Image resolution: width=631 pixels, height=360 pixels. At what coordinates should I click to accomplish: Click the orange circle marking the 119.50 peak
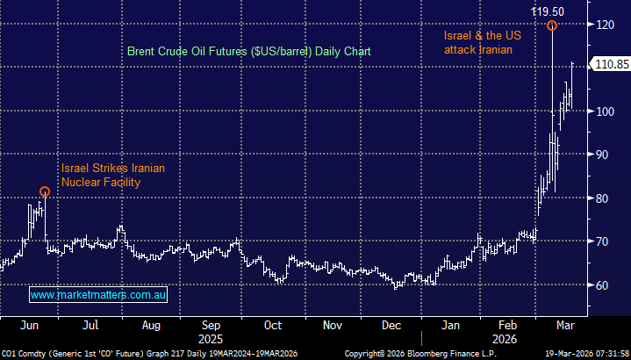pos(552,25)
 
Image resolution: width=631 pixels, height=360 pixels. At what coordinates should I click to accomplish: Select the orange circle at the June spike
pos(45,191)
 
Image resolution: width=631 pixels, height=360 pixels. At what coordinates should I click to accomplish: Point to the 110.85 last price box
pos(609,64)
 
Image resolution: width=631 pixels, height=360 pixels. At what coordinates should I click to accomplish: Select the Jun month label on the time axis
pos(29,325)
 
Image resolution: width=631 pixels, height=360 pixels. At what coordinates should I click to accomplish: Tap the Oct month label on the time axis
pos(273,325)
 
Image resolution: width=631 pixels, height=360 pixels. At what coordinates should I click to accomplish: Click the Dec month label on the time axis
pos(392,325)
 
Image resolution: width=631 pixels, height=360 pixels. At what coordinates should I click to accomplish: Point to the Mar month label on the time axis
pos(566,325)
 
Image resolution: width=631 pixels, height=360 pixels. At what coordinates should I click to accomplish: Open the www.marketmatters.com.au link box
pos(98,296)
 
